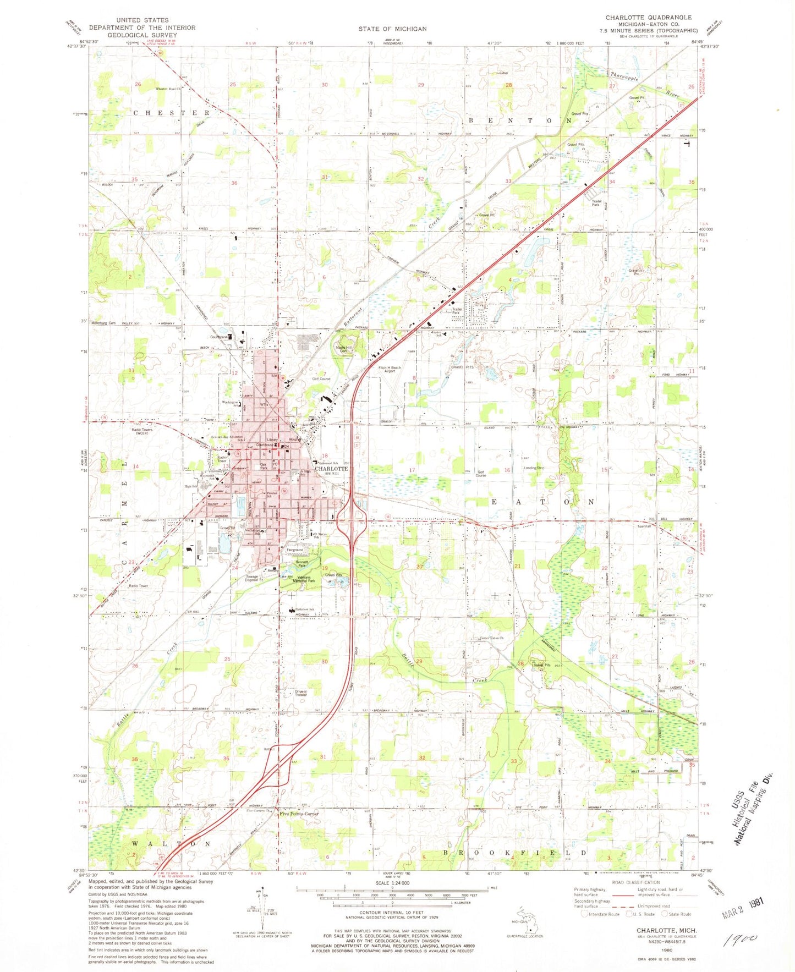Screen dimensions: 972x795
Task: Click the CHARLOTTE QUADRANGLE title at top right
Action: click(x=648, y=18)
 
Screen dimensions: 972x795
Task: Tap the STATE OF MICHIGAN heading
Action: click(x=392, y=29)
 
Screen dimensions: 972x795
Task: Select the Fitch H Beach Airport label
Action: click(x=389, y=369)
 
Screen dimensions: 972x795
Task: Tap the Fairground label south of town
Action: click(x=295, y=550)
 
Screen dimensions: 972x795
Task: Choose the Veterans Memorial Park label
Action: click(x=303, y=579)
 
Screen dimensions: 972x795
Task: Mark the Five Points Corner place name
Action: click(x=299, y=814)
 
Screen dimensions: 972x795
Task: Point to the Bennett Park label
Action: click(x=298, y=564)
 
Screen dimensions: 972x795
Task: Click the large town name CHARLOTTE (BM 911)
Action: click(x=331, y=469)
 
